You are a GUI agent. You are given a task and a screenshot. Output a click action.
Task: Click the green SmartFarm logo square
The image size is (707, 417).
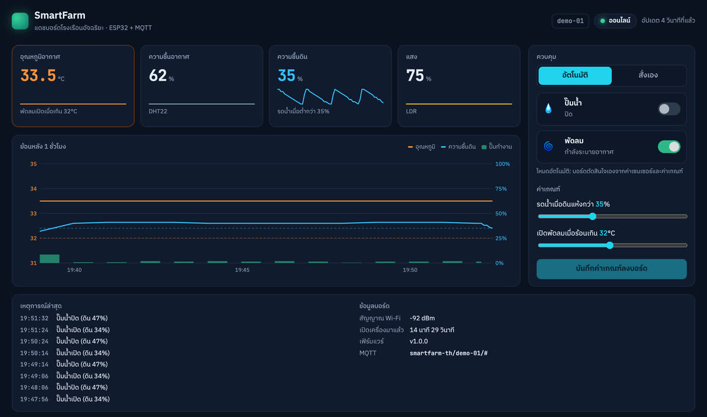point(20,21)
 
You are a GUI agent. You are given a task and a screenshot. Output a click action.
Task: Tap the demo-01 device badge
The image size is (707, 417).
point(570,21)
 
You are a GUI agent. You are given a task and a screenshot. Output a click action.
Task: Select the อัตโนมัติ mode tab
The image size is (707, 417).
point(575,75)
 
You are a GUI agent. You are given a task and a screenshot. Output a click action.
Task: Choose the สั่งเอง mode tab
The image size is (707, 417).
point(648,75)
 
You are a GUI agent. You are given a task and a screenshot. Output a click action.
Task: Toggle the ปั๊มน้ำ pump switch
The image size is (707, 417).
point(669,109)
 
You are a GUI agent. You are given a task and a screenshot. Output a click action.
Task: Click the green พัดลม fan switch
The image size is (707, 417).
point(669,147)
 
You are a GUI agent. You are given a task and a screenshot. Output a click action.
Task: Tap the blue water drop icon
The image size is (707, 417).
point(549,108)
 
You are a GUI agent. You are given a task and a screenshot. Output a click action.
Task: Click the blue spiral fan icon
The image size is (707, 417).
point(549,146)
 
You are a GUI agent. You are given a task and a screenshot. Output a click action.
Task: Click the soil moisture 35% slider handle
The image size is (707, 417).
point(593,216)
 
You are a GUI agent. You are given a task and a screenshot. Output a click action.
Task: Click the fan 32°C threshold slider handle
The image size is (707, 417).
point(610,246)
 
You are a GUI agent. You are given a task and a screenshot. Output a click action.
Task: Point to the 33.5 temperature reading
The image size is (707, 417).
point(38,76)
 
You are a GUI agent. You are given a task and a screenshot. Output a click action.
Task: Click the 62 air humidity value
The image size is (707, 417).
point(157,76)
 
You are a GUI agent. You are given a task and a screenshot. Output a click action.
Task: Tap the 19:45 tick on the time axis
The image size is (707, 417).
point(242,270)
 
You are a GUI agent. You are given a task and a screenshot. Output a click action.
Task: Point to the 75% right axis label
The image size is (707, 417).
point(501,188)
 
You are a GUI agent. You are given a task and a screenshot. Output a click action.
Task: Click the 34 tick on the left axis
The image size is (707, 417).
point(34,188)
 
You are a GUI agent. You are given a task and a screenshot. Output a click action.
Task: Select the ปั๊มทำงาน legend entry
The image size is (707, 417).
point(497,147)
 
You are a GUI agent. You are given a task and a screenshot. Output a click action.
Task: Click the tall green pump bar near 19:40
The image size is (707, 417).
point(49,259)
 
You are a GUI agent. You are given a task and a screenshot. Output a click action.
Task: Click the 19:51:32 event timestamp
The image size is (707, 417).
point(34,318)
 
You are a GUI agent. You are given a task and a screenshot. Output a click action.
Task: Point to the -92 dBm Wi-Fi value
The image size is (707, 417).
point(422,318)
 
